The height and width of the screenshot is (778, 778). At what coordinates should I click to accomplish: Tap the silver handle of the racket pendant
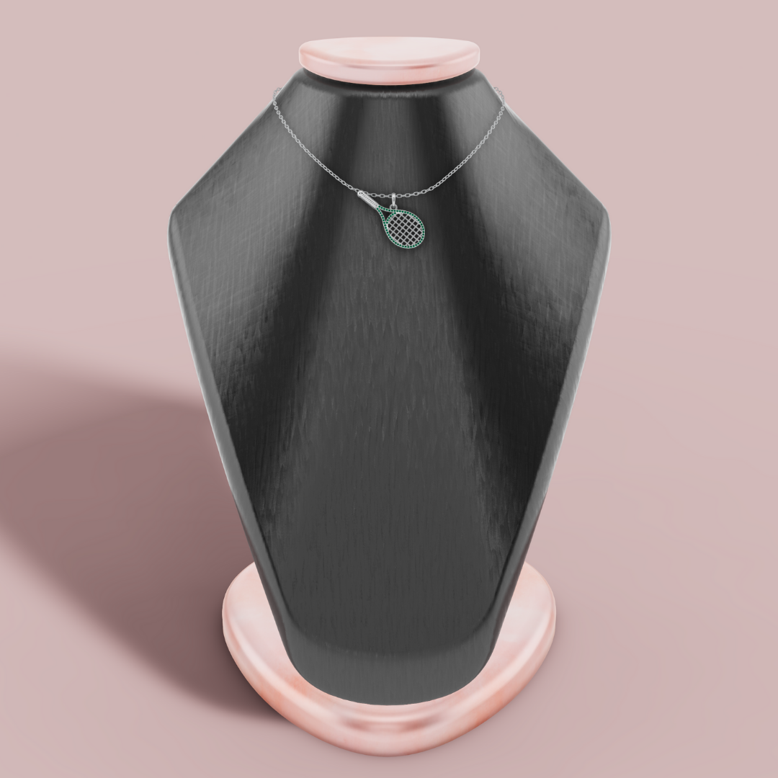point(372,202)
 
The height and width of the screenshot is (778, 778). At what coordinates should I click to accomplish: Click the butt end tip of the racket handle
point(361,194)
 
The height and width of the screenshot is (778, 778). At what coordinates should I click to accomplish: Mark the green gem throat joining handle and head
point(383,213)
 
